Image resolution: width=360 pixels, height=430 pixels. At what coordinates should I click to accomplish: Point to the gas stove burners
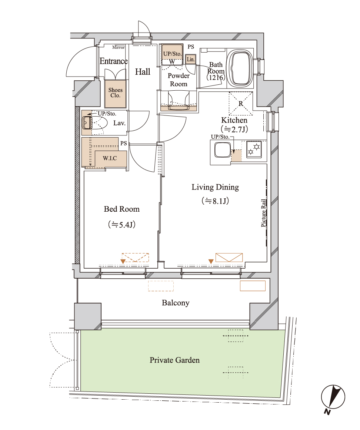tap(254, 150)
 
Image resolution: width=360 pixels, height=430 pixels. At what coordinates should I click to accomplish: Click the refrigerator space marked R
tap(241, 103)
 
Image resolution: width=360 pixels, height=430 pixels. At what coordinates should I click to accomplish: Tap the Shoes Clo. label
tap(115, 93)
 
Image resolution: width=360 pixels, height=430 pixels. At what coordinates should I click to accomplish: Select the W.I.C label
tap(110, 158)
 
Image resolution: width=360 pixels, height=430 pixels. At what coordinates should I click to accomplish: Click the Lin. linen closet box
tap(190, 59)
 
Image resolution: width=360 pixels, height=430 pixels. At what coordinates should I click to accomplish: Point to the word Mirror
tap(119, 47)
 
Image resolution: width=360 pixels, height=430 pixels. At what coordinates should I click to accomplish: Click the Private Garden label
tap(174, 360)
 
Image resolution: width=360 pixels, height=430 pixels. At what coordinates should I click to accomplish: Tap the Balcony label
tap(176, 303)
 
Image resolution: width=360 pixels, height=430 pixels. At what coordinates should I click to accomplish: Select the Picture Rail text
tap(263, 213)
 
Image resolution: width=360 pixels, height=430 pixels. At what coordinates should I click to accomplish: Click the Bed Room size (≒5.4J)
tap(121, 225)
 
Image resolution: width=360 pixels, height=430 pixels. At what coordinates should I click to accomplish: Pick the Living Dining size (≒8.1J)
tap(215, 201)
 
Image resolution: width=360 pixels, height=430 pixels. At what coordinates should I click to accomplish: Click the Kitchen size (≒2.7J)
tap(234, 129)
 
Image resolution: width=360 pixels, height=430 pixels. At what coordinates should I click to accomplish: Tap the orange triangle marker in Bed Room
tap(123, 262)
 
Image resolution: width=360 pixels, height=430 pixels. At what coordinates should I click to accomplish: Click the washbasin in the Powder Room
tap(179, 101)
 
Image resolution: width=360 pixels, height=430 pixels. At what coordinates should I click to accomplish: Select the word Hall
tap(143, 72)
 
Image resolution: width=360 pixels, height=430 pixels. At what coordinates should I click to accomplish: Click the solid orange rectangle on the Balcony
tap(253, 286)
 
